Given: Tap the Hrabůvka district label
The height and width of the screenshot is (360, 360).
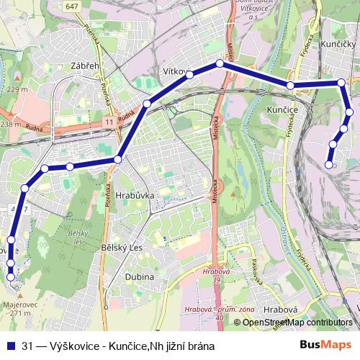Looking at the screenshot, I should (x=129, y=194).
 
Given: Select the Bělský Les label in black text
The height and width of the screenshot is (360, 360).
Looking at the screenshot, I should (x=125, y=248).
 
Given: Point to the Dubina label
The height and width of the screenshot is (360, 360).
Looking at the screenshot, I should (x=140, y=276).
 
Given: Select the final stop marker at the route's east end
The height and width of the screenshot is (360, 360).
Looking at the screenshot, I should (x=329, y=165).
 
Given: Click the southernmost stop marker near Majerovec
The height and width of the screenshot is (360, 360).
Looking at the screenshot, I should (x=10, y=276).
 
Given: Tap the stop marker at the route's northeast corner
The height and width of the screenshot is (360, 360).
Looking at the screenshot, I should (x=341, y=84).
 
